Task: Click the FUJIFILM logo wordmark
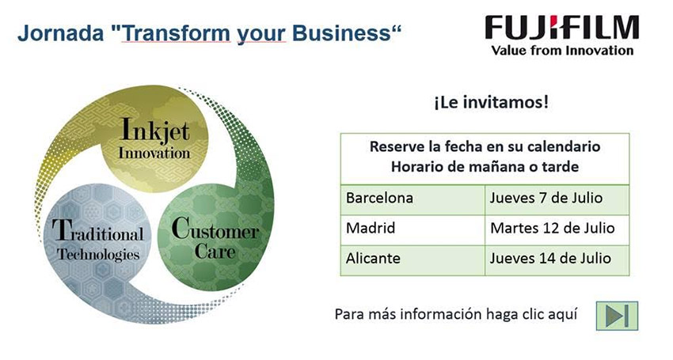point(562,28)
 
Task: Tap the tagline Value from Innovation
point(562,51)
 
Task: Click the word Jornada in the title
point(60,33)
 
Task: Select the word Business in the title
point(342,33)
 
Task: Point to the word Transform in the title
point(176,33)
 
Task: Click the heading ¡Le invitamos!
point(492,103)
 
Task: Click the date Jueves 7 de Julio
point(546,199)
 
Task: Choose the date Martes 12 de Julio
point(553,229)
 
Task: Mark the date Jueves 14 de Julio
point(550,258)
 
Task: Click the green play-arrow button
point(617,316)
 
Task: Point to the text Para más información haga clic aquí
point(456,315)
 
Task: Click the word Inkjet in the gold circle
point(155,130)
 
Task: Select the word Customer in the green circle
point(215,229)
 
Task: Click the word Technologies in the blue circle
point(98,255)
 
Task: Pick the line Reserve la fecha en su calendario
point(485,146)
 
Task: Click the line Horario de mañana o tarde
point(485,166)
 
